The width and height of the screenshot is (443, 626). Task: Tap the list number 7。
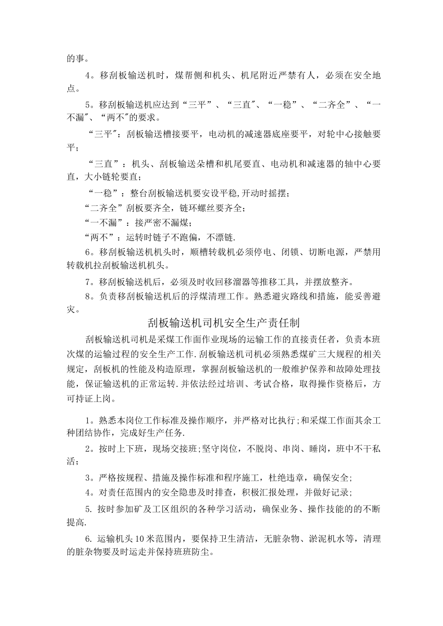[91, 281]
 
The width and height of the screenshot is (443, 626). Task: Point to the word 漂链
[224, 237]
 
